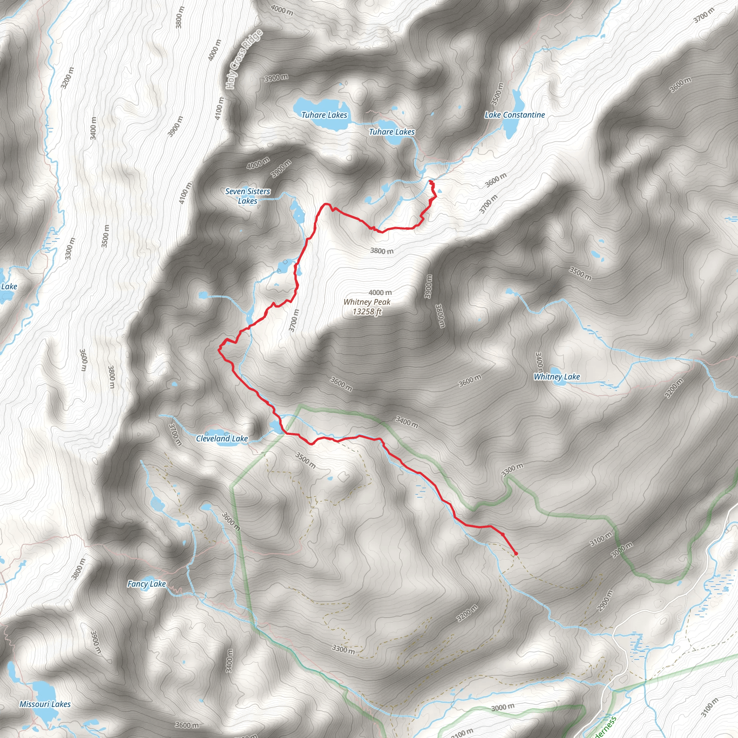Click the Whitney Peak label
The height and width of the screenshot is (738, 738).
(367, 302)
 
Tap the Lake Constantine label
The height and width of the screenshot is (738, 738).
(515, 115)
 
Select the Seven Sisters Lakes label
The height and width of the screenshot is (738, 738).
(248, 196)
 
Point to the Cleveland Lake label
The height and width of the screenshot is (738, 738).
(222, 439)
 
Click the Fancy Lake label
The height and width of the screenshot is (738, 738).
(146, 584)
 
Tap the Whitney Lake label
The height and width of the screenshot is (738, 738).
(556, 377)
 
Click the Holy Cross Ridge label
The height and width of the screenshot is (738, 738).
(244, 59)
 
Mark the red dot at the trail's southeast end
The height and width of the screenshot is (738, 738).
(516, 553)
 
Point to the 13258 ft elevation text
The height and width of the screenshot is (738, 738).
(367, 312)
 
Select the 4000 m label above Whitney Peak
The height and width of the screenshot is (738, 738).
(380, 293)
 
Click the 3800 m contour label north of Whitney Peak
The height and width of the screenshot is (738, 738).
(381, 251)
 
